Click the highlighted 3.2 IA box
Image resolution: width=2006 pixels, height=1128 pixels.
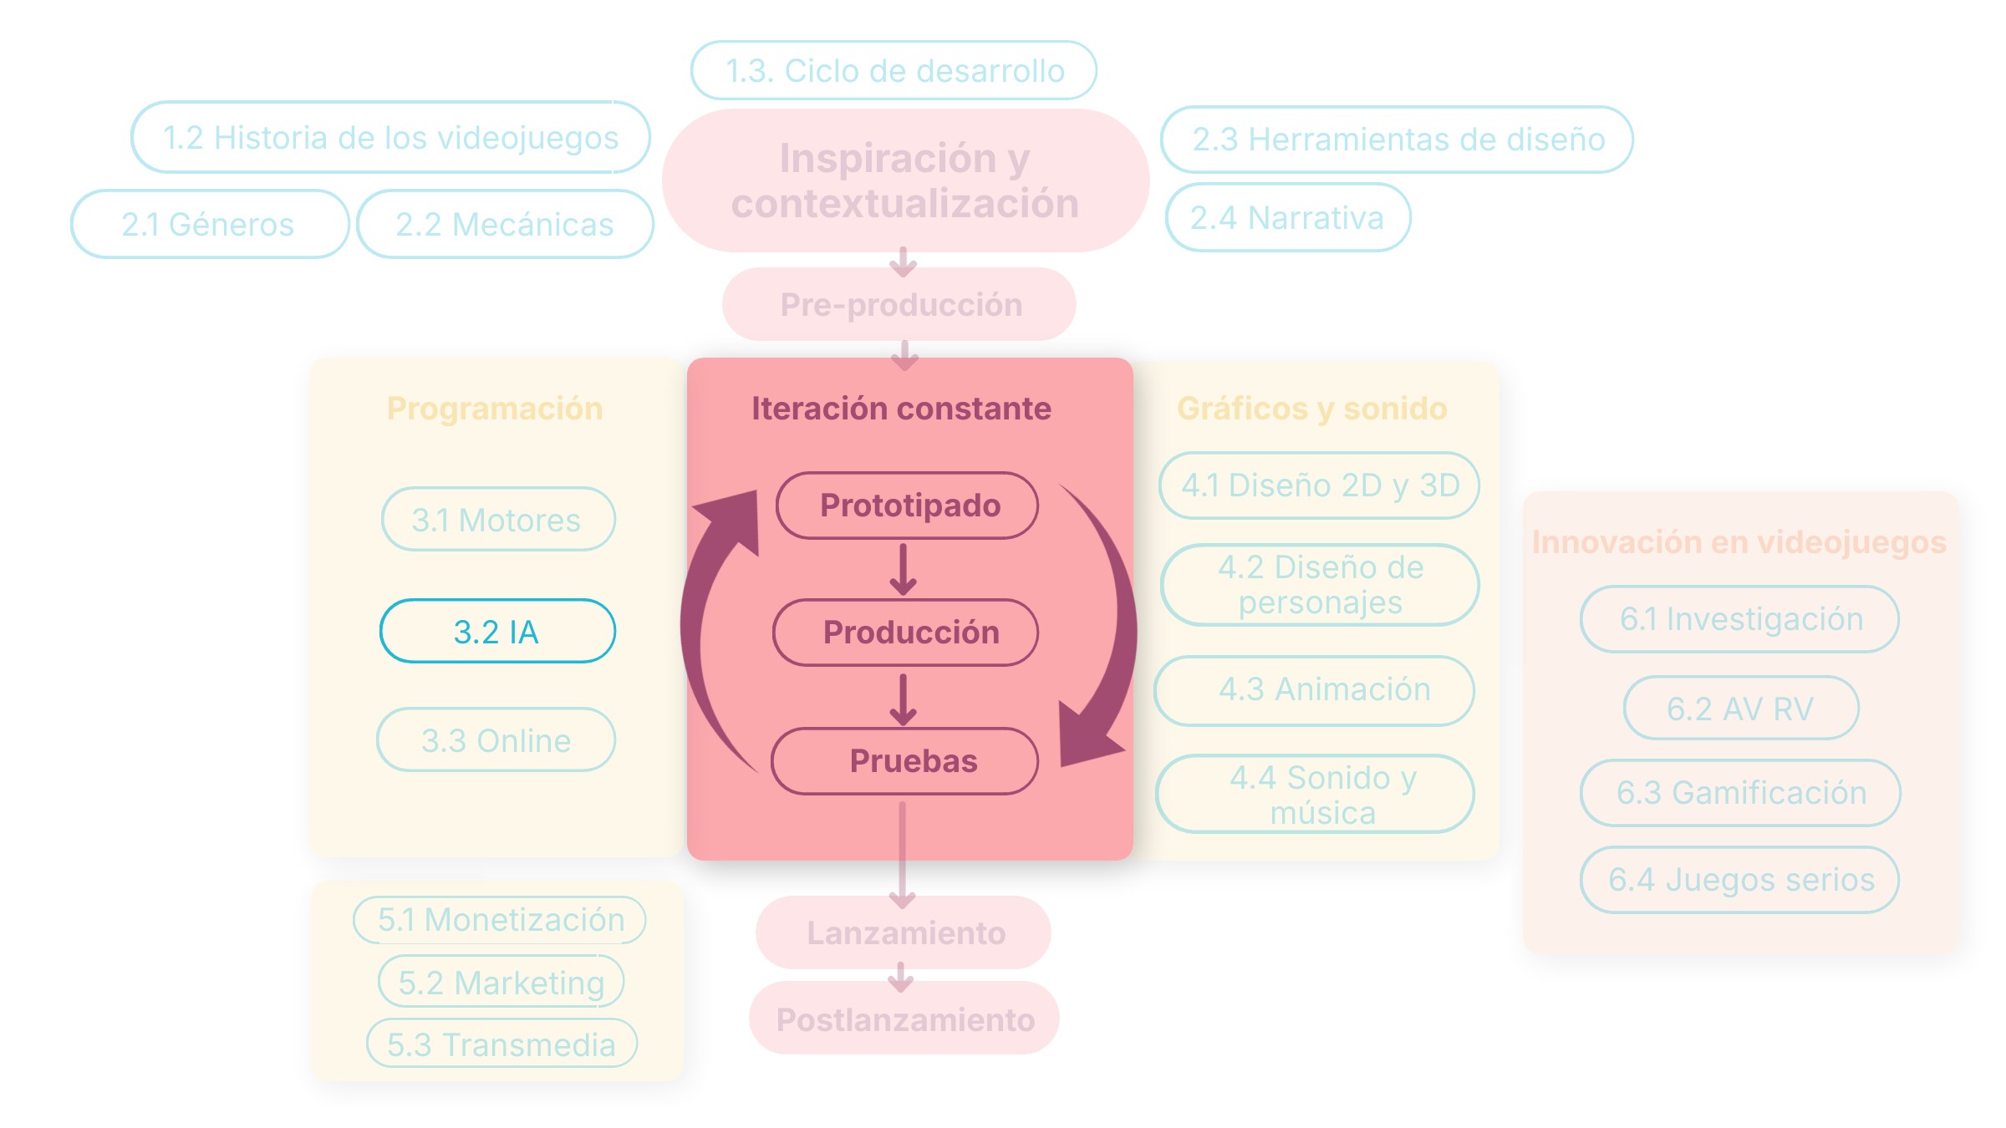[x=497, y=631]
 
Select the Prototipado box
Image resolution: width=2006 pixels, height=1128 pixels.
[x=907, y=506]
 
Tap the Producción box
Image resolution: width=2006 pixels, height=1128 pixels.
[x=906, y=633]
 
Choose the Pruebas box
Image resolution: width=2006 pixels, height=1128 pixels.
[x=905, y=761]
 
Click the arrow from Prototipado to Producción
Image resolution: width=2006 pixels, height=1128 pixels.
[x=903, y=570]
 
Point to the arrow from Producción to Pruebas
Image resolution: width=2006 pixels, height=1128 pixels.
[x=903, y=699]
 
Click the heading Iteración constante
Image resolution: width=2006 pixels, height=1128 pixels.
[x=901, y=409]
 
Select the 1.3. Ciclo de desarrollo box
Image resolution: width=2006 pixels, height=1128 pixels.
[x=894, y=70]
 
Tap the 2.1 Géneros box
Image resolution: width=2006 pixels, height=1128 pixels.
[x=209, y=224]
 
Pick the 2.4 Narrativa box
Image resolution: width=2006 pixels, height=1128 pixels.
[x=1288, y=217]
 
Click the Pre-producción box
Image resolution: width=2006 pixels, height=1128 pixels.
[x=899, y=304]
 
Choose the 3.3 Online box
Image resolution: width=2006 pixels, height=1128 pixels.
[x=496, y=739]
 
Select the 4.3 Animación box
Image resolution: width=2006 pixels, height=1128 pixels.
[x=1314, y=690]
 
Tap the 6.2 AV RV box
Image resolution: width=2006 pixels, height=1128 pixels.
[x=1741, y=708]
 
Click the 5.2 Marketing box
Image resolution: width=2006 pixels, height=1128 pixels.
[x=501, y=982]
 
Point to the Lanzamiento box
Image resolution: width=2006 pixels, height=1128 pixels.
[x=904, y=932]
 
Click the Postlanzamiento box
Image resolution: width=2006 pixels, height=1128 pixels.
[x=904, y=1018]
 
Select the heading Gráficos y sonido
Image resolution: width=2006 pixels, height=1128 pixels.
[x=1311, y=409]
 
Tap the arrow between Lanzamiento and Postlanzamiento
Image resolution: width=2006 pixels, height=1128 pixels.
[x=901, y=977]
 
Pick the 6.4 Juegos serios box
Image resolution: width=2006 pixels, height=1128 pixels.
[x=1739, y=880]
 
